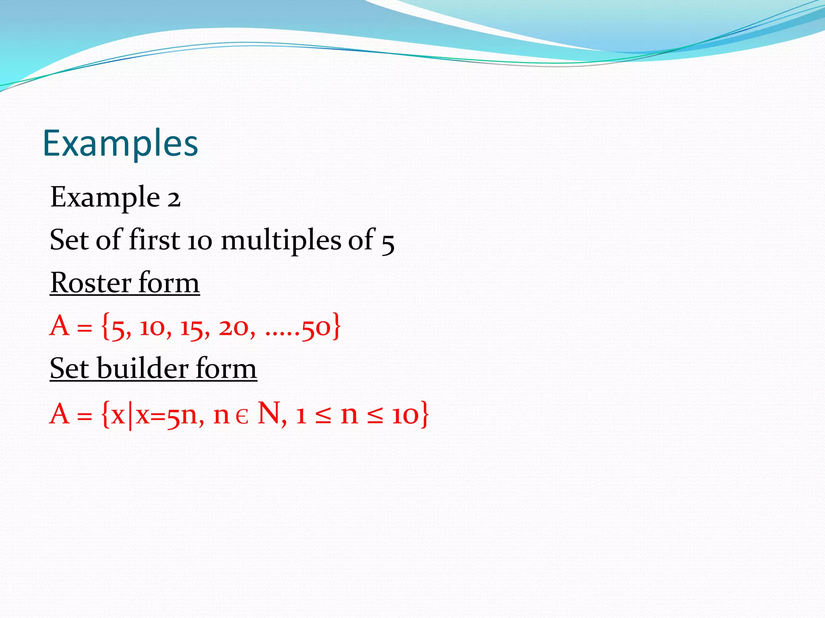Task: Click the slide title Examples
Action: pos(120,143)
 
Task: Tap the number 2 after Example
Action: pos(174,199)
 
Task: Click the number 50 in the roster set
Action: pos(316,328)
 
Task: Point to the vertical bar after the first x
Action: pos(130,415)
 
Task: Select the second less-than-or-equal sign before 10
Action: pos(375,415)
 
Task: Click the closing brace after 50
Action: pos(336,327)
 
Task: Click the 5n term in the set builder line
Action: pos(181,415)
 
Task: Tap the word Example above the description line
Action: pos(105,197)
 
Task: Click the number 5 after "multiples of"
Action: pos(388,243)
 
